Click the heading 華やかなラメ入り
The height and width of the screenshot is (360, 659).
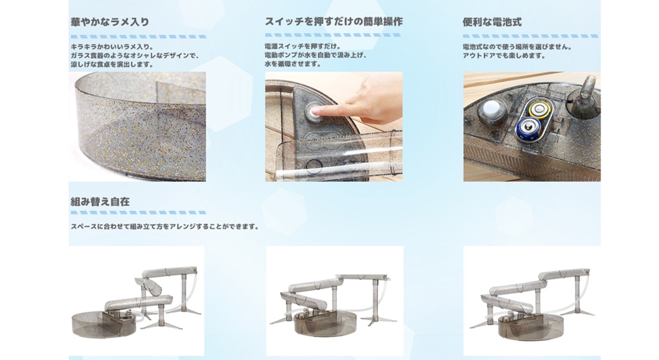pyautogui.click(x=110, y=22)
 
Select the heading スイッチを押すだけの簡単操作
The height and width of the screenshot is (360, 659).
pyautogui.click(x=334, y=22)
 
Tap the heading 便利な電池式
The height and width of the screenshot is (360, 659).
pyautogui.click(x=492, y=22)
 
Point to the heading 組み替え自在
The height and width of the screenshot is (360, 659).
pyautogui.click(x=100, y=201)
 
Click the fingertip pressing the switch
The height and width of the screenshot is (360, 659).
pyautogui.click(x=319, y=111)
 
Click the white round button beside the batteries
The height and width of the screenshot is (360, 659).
pyautogui.click(x=490, y=109)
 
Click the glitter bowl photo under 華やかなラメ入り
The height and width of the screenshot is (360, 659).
pyautogui.click(x=137, y=127)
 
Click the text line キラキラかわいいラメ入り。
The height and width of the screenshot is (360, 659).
pyautogui.click(x=113, y=46)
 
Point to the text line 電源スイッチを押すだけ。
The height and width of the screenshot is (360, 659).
pyautogui.click(x=303, y=46)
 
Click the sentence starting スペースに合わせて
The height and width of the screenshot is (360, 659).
pyautogui.click(x=165, y=226)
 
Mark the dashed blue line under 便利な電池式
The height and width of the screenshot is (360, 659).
pyautogui.click(x=531, y=36)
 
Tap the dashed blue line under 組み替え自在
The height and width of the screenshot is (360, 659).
pyautogui.click(x=139, y=213)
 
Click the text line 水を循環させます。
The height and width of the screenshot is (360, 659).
pyautogui.click(x=293, y=64)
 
